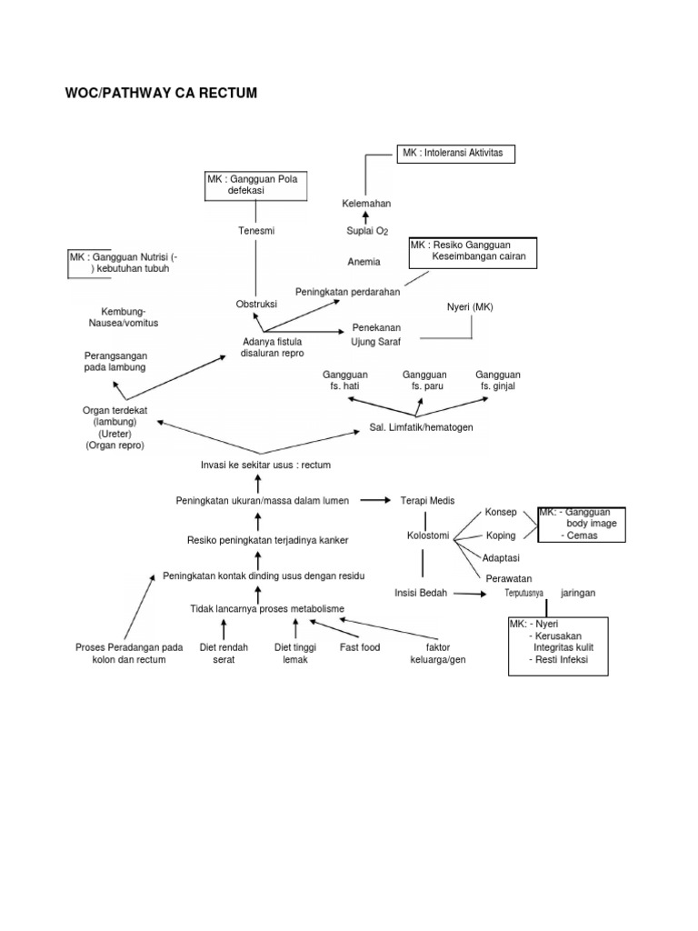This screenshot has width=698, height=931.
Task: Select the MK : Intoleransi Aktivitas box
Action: [x=455, y=154]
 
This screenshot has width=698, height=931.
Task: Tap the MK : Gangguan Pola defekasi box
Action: [x=252, y=186]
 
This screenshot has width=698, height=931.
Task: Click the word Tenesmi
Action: [x=255, y=231]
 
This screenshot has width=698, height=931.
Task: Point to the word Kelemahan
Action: [x=366, y=204]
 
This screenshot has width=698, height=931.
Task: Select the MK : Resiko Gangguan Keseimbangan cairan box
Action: [x=472, y=252]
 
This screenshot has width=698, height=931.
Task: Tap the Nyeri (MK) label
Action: [x=470, y=307]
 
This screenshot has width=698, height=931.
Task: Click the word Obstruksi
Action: [x=255, y=304]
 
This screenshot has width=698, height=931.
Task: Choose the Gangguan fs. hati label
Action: [x=345, y=380]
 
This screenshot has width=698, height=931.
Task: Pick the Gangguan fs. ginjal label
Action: [x=498, y=380]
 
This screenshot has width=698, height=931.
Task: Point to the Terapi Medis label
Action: [x=427, y=500]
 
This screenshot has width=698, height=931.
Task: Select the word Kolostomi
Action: [x=427, y=536]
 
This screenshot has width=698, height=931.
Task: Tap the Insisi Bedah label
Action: [x=421, y=593]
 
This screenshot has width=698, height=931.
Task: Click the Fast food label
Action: [x=360, y=647]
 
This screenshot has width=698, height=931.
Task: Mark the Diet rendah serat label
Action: [x=224, y=653]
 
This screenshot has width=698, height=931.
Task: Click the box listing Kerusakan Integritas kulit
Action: [x=558, y=646]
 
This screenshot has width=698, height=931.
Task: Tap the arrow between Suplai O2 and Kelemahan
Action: [x=365, y=217]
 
